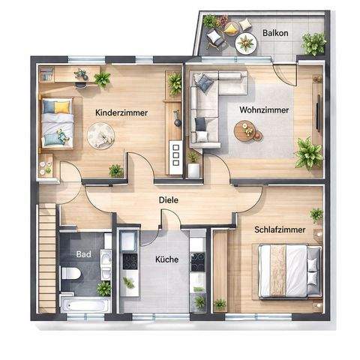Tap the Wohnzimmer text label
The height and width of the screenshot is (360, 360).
pyautogui.click(x=264, y=109)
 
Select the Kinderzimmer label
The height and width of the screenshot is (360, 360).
pyautogui.click(x=121, y=112)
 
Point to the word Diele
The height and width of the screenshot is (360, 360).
pyautogui.click(x=168, y=200)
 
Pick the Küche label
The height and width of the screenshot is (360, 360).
pyautogui.click(x=166, y=259)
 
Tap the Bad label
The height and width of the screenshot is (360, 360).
pyautogui.click(x=84, y=254)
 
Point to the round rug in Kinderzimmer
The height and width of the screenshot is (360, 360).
pyautogui.click(x=100, y=134)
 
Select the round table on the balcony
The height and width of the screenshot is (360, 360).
pyautogui.click(x=245, y=43)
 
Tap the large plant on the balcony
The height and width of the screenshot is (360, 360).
pyautogui.click(x=313, y=43)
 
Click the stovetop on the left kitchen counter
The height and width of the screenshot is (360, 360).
pyautogui.click(x=129, y=261)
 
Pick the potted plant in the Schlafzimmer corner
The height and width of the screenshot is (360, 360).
pyautogui.click(x=316, y=214)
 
